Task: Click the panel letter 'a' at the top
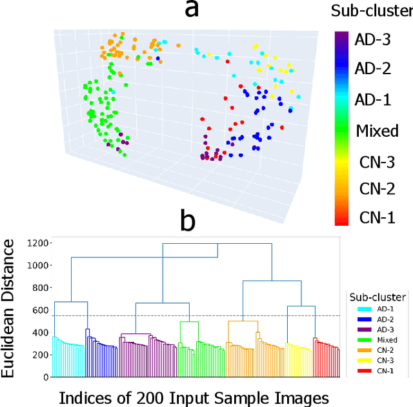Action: pos(188,11)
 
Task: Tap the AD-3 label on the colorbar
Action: pos(372,40)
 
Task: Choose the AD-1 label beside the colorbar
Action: pos(372,99)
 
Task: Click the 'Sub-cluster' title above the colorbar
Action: pos(372,11)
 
